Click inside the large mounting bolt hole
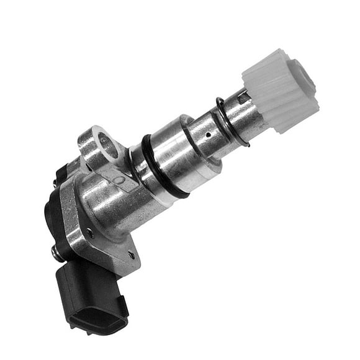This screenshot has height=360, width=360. click(x=106, y=145)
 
